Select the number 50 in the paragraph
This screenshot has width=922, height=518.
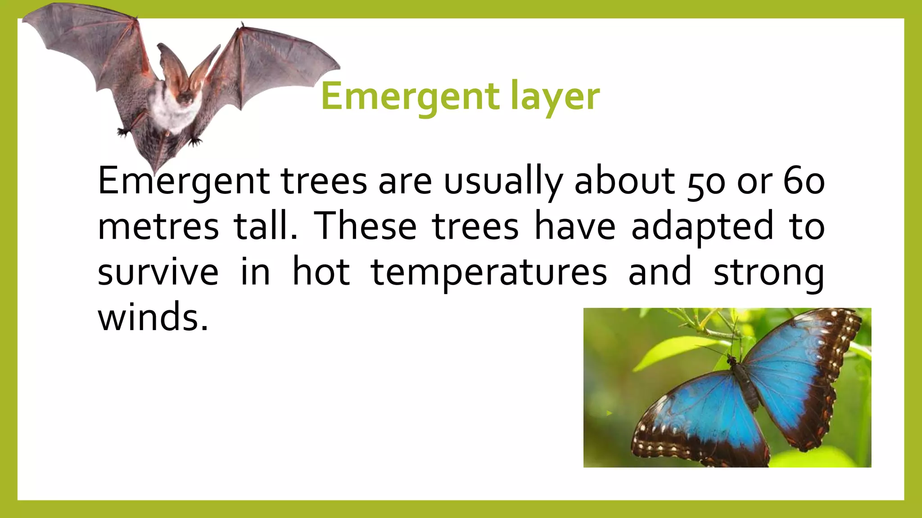706,182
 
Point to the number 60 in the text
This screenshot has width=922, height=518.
804,181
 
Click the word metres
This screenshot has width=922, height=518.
158,226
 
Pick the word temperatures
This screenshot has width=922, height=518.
489,272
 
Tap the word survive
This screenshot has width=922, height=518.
158,272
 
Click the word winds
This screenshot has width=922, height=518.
153,317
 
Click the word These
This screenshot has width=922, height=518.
365,226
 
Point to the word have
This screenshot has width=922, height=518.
575,226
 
